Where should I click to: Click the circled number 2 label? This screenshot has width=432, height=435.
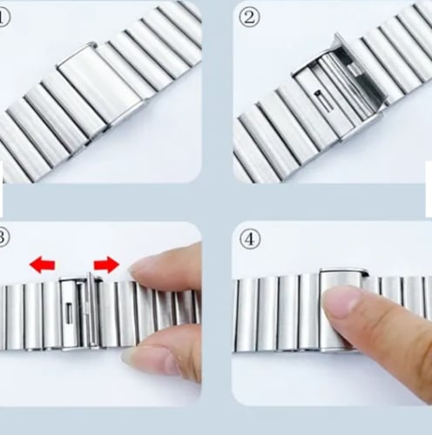(250, 17)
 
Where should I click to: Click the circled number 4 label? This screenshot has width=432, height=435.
(250, 239)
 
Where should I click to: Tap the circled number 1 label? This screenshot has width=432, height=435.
(4, 17)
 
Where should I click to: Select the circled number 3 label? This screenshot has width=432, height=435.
(4, 238)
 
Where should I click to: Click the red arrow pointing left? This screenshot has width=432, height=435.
(43, 264)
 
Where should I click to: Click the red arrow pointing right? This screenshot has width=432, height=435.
(106, 264)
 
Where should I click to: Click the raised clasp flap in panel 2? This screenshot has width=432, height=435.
(361, 71)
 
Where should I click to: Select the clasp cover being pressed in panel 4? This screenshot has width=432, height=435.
(342, 311)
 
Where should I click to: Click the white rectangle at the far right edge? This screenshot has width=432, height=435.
(429, 189)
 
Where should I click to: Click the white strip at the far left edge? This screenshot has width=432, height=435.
(2, 189)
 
